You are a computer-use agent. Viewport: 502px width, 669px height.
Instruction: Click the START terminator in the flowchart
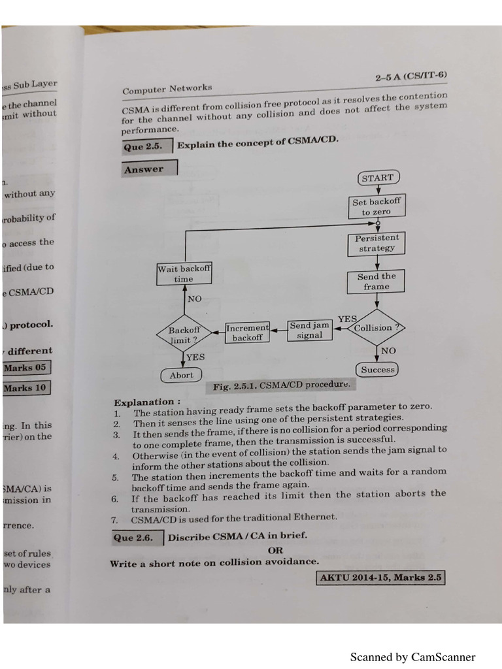click(x=378, y=178)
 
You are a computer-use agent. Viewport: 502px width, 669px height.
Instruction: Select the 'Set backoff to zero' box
click(x=376, y=206)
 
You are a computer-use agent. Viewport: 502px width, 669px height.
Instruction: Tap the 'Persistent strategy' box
click(x=376, y=243)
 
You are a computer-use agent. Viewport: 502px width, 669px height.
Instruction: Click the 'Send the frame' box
click(x=376, y=282)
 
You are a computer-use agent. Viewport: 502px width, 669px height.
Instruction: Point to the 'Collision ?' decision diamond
click(x=377, y=328)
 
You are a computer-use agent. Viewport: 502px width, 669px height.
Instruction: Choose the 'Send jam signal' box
click(x=310, y=330)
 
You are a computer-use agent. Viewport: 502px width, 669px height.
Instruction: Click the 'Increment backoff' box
click(x=247, y=333)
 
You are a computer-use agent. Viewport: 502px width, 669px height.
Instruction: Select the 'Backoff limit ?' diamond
click(x=184, y=335)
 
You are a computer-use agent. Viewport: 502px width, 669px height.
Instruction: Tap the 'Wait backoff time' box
click(x=184, y=274)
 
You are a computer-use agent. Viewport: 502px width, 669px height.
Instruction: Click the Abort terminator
click(x=181, y=375)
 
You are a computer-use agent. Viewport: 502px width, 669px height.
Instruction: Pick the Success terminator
click(x=378, y=370)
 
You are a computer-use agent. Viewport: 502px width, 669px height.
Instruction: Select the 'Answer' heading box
click(x=148, y=169)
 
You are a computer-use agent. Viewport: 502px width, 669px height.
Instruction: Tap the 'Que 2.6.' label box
click(x=136, y=538)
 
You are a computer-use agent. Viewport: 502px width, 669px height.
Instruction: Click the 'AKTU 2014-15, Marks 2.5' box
click(x=380, y=578)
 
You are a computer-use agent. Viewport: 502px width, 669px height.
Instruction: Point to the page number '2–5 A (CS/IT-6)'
click(x=411, y=77)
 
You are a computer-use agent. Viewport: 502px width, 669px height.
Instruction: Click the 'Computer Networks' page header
click(x=167, y=89)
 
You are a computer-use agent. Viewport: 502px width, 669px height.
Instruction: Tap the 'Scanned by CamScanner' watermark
click(x=412, y=657)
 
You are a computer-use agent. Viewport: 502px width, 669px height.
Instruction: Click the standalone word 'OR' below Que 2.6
click(x=275, y=551)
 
